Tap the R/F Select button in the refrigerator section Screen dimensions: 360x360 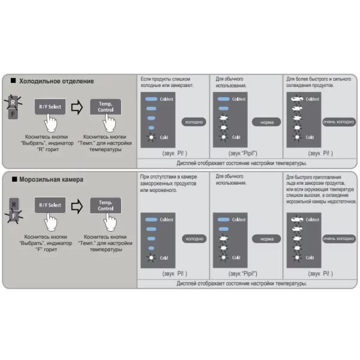(50, 106)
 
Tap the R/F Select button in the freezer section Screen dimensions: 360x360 (50, 205)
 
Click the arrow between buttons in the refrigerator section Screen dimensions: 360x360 (76, 107)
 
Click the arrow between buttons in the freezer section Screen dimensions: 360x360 (76, 206)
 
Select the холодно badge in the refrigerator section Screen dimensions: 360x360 (194, 121)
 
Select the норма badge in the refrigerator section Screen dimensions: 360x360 (266, 121)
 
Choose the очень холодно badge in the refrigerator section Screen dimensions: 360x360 (338, 121)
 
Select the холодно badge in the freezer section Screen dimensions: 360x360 (194, 238)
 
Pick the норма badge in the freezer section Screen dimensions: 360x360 (266, 238)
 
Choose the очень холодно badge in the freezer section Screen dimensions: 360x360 (338, 238)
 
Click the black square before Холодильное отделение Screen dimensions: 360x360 (13, 81)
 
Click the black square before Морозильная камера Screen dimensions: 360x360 (13, 179)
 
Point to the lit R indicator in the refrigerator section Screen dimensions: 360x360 (13, 103)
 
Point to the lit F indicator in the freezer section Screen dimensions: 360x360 (13, 213)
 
